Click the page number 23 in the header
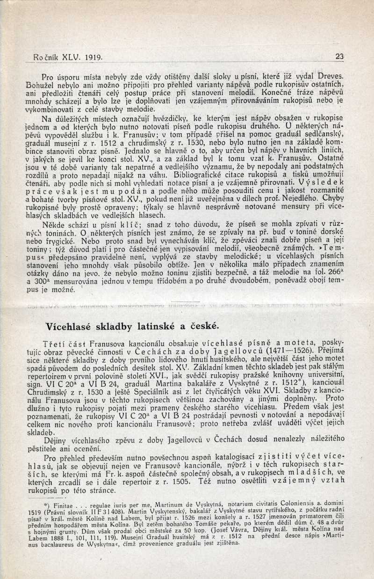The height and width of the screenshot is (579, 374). (x=340, y=57)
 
